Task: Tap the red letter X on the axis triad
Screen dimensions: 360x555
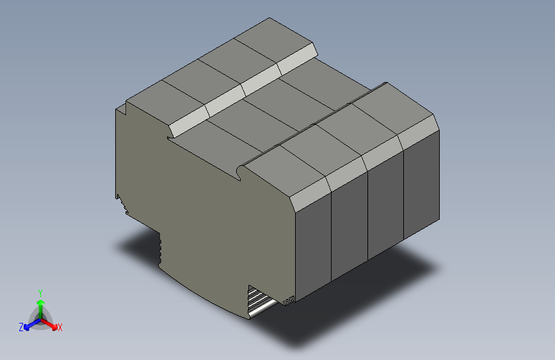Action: [60, 327]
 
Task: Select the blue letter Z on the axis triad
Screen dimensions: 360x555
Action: [21, 327]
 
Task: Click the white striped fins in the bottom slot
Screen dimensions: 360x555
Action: [259, 300]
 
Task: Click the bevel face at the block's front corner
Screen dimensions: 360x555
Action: [310, 193]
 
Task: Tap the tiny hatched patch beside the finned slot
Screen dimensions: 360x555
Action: [287, 300]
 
